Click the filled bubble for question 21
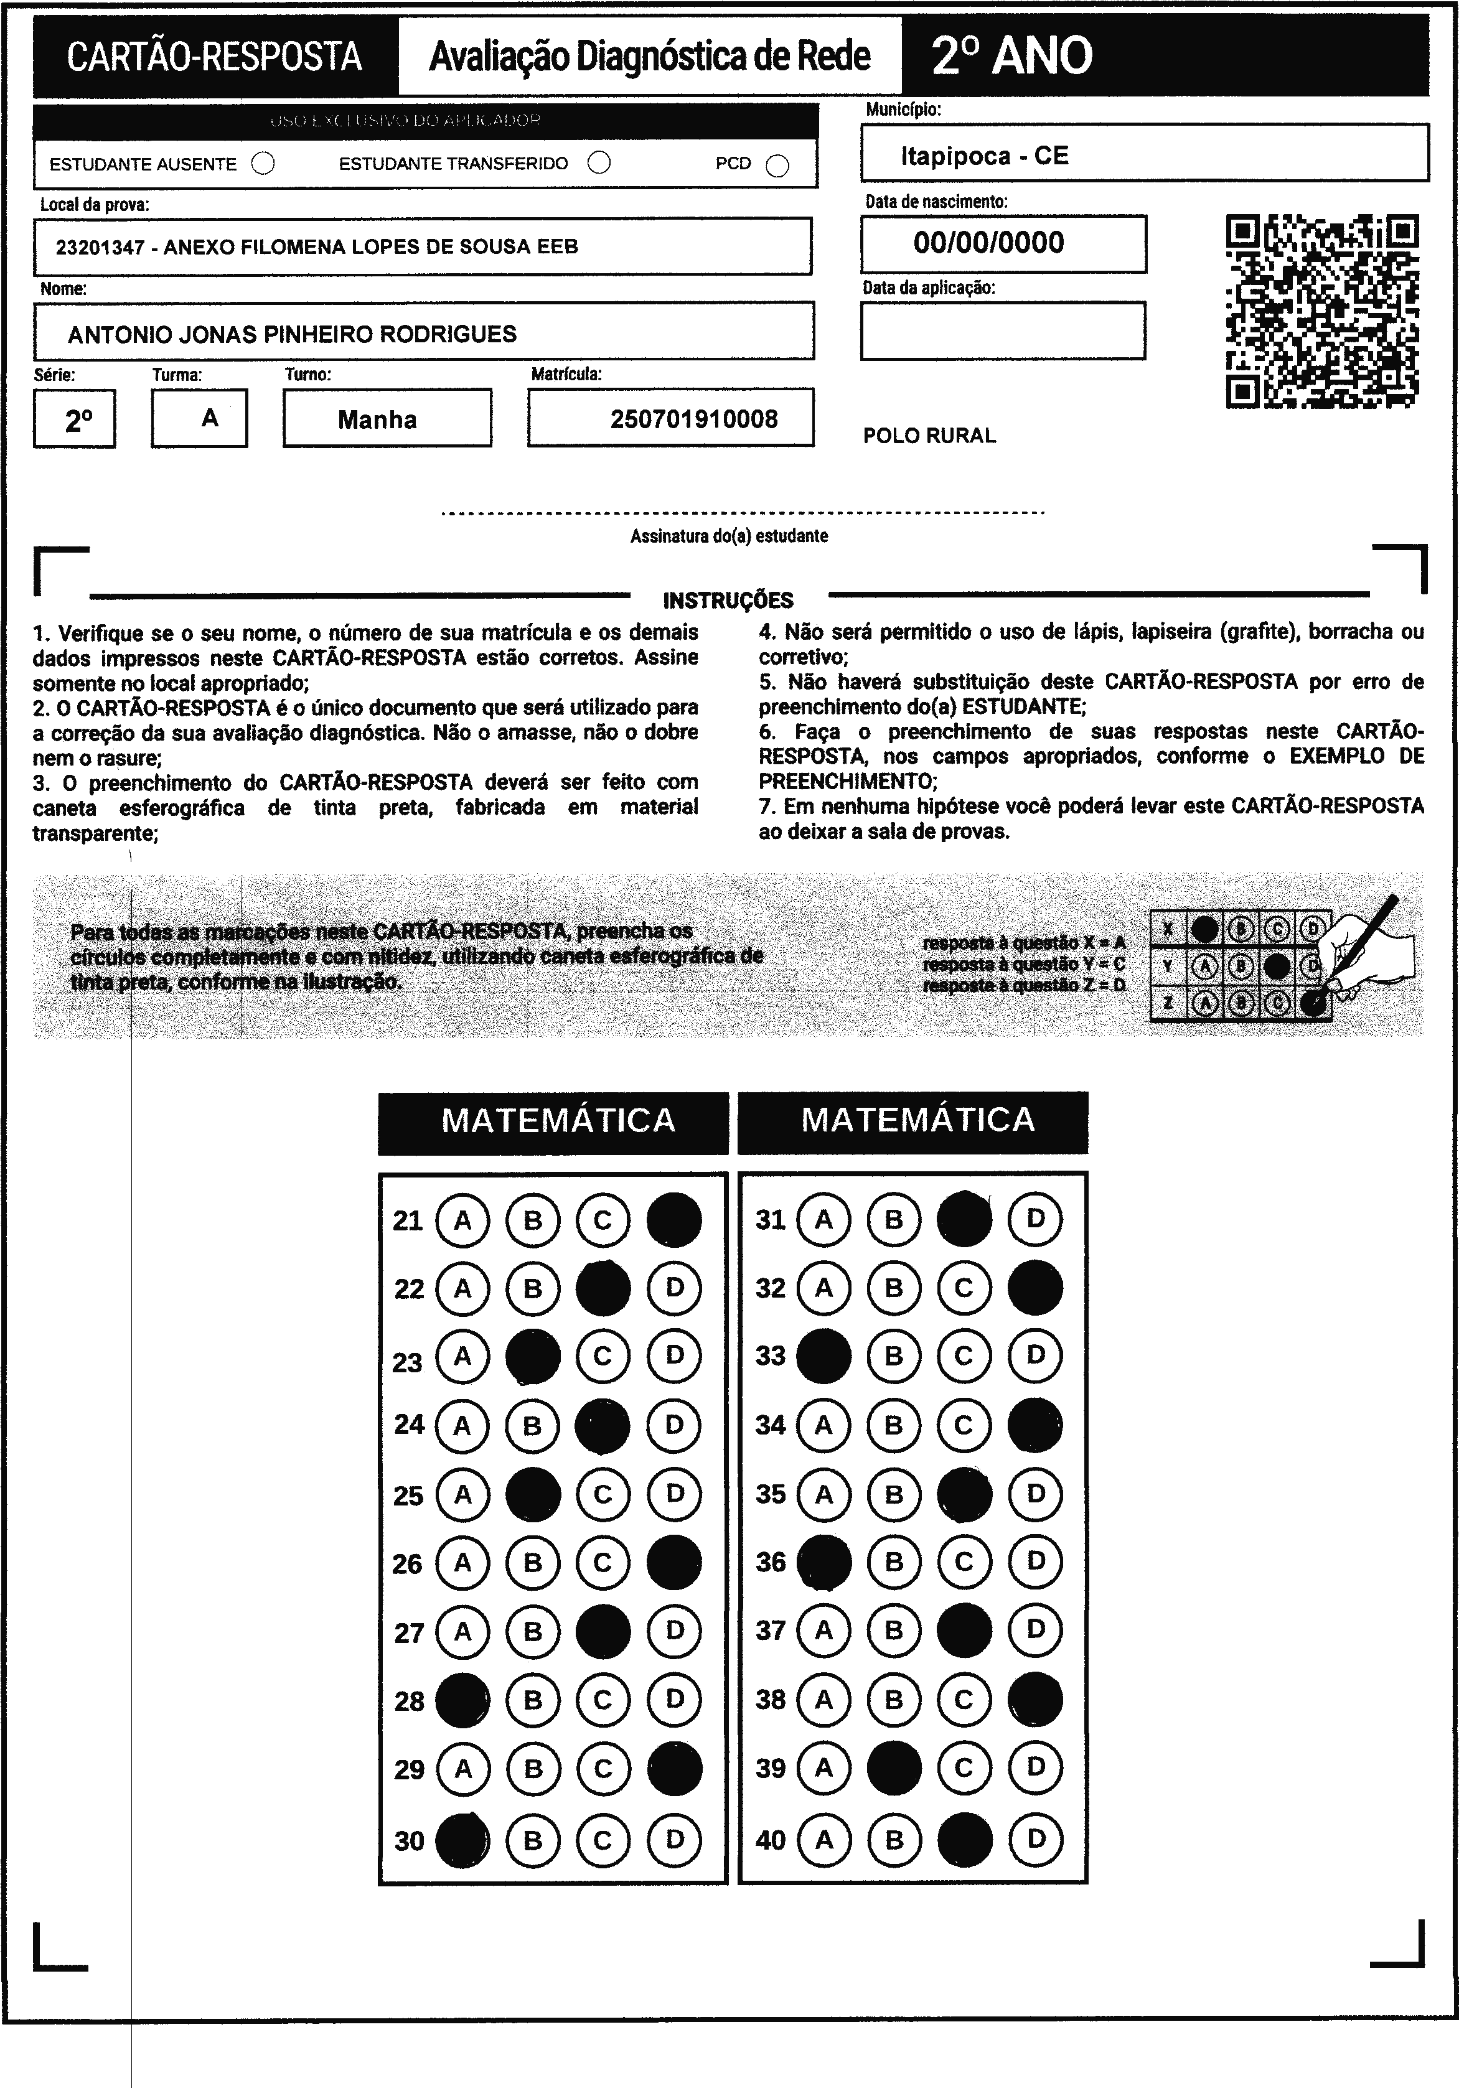pos(674,1220)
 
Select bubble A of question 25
pos(463,1494)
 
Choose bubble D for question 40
pos(1035,1840)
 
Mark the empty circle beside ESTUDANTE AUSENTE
pos(263,164)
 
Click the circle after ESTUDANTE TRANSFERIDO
pos(599,163)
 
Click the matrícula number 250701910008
pos(693,419)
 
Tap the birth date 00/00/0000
pos(988,243)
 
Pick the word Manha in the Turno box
pos(377,420)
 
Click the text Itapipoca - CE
pos(984,156)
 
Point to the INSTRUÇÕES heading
pos(728,600)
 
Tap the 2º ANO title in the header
pos(1011,57)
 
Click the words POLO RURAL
pos(929,436)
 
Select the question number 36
pos(771,1562)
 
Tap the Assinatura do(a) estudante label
pos(729,536)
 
